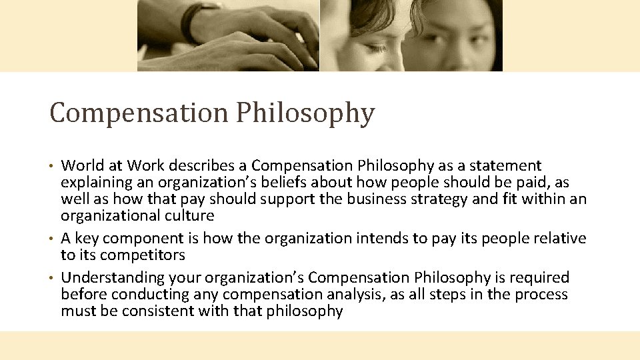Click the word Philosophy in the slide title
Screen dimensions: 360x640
pos(304,113)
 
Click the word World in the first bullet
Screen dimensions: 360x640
pos(82,165)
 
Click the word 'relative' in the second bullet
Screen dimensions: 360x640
pos(561,239)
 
